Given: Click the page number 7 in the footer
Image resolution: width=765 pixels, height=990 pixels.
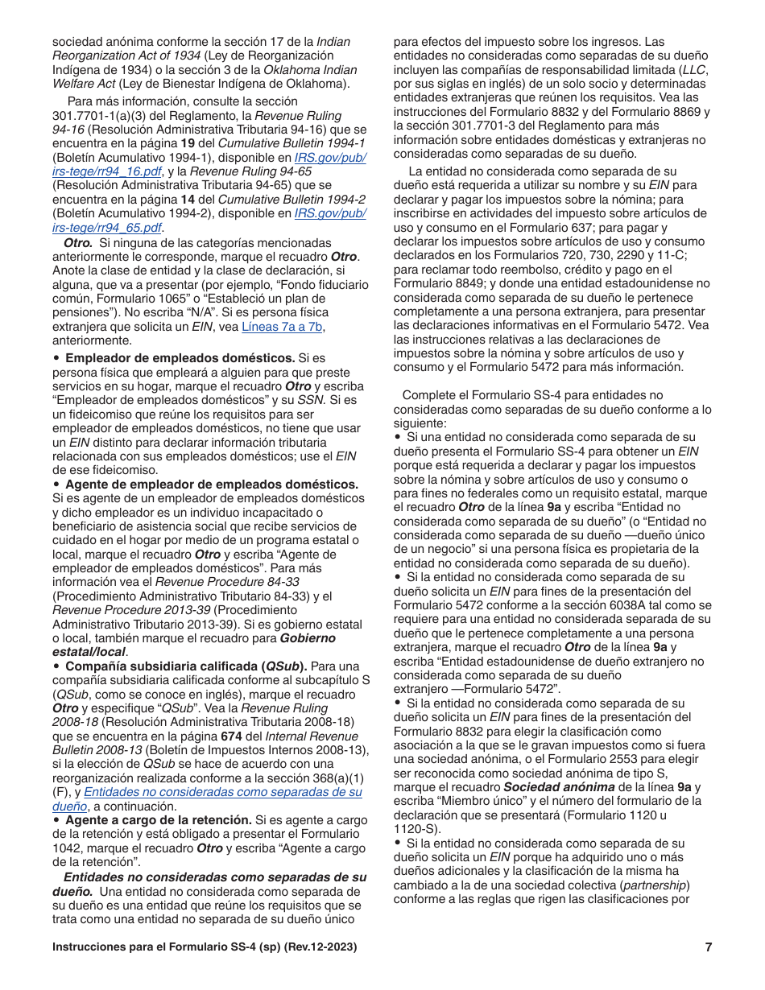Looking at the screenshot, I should [x=709, y=947].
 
